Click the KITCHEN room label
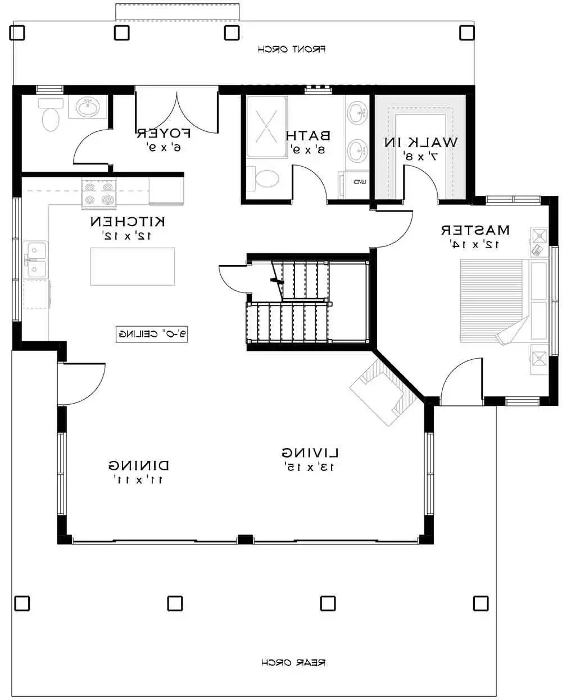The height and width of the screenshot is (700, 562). coord(128,222)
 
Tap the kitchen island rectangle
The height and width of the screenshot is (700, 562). coord(133,266)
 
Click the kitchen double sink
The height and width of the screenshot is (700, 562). coord(36,259)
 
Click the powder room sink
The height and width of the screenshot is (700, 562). coord(87,107)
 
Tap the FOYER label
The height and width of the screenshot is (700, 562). coord(164,134)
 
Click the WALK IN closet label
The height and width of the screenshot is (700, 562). coord(420,143)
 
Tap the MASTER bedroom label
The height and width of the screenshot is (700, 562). coord(475,230)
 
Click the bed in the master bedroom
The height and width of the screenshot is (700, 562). coord(495,300)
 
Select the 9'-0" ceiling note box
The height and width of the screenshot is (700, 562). coord(152,334)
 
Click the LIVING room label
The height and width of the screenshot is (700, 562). coord(310,452)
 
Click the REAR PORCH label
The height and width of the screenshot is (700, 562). coord(293,662)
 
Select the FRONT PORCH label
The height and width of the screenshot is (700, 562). coord(292,49)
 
